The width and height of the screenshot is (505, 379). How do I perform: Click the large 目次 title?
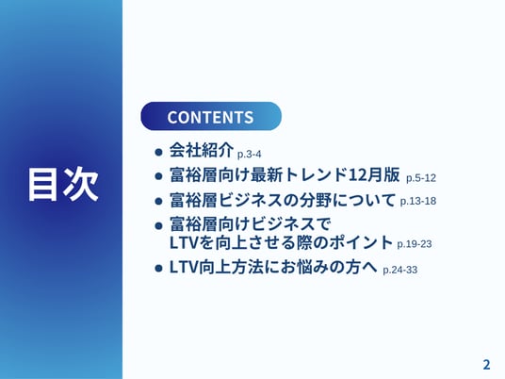(x=63, y=185)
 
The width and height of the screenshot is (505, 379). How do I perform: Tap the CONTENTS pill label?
(x=211, y=116)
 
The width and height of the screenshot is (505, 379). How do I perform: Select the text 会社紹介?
(x=202, y=150)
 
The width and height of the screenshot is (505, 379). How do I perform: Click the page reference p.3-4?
(x=249, y=155)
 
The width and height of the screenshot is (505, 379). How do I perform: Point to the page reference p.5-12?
(x=421, y=178)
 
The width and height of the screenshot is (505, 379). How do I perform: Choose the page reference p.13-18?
(x=418, y=201)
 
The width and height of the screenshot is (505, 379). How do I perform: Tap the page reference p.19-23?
(x=415, y=244)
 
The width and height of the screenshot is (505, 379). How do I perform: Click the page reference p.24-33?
(x=400, y=270)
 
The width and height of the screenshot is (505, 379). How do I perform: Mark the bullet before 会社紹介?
(x=158, y=152)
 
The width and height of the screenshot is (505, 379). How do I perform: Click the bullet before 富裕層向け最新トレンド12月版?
(x=158, y=176)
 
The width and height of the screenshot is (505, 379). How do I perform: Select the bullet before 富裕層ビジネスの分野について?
(x=158, y=201)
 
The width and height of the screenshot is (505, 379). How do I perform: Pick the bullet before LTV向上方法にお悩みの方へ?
(x=158, y=268)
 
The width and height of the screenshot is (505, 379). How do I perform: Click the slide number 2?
(x=486, y=365)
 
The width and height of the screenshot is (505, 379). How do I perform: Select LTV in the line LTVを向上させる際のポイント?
(x=183, y=243)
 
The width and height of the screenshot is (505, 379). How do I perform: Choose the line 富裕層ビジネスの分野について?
(x=283, y=200)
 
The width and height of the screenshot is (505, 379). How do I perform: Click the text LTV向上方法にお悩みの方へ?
(x=273, y=267)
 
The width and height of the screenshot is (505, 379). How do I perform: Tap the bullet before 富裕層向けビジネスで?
(x=158, y=225)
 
